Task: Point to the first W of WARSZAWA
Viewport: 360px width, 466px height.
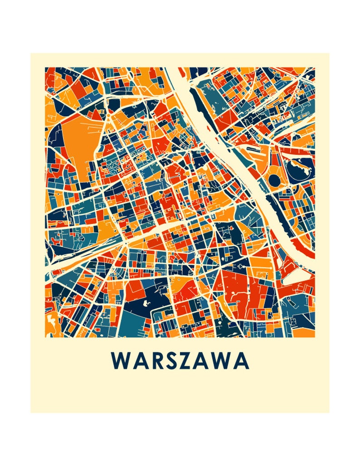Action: point(120,361)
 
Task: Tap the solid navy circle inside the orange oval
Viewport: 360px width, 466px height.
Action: point(275,180)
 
